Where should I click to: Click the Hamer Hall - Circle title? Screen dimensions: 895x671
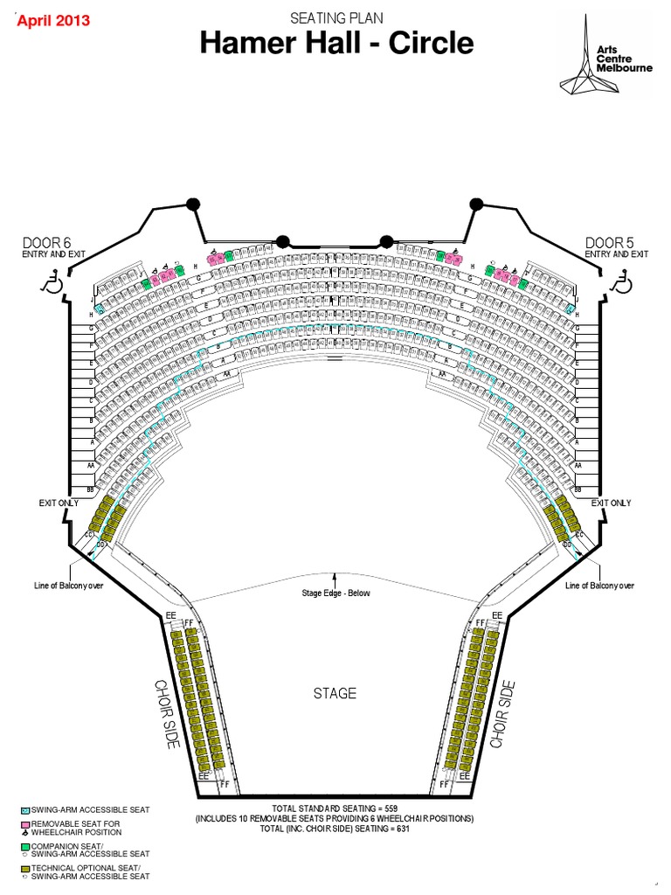click(x=336, y=44)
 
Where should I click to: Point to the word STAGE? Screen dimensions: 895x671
click(x=335, y=693)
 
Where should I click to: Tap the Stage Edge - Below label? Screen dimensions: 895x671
click(x=336, y=593)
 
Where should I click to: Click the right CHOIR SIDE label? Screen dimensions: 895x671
click(x=503, y=713)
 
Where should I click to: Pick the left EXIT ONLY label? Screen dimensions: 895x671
click(x=59, y=503)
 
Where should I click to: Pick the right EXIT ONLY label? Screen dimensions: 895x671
click(x=612, y=503)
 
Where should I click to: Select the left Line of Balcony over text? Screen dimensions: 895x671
click(x=69, y=586)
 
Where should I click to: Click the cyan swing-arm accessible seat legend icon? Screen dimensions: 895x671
click(x=25, y=810)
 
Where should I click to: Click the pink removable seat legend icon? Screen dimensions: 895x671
click(x=25, y=824)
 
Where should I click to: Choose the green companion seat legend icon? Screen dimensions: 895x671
click(x=25, y=848)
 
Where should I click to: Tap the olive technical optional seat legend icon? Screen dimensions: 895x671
click(x=25, y=869)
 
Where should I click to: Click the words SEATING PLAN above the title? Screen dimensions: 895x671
click(x=336, y=17)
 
